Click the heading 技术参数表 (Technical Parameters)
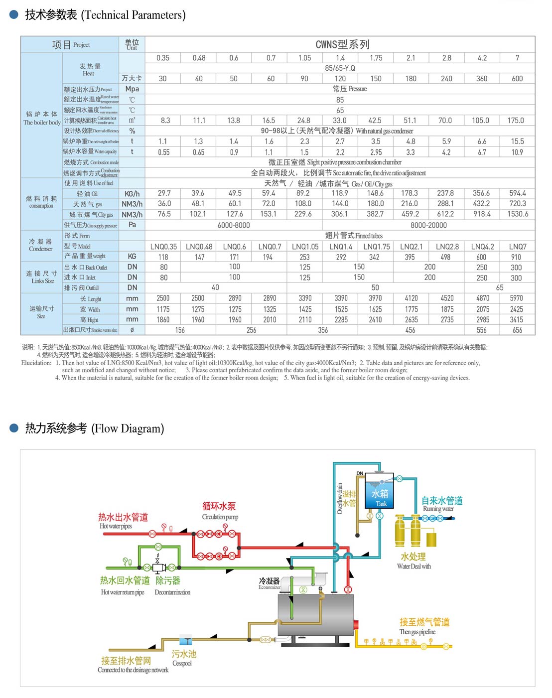click(x=105, y=15)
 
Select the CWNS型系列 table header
click(x=342, y=44)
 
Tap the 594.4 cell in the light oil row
click(x=517, y=193)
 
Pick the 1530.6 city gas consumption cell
click(x=517, y=214)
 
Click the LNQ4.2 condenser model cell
click(x=482, y=246)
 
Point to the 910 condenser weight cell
click(x=516, y=257)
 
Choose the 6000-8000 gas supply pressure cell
click(x=234, y=225)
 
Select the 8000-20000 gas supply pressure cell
click(x=428, y=225)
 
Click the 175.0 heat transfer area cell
click(x=516, y=121)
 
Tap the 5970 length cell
click(x=516, y=298)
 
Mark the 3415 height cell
click(x=516, y=319)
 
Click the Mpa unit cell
click(x=132, y=89)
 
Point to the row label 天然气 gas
click(x=88, y=204)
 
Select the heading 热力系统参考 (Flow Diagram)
click(x=94, y=428)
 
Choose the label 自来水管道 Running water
click(x=442, y=503)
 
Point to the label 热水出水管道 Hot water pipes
click(x=123, y=520)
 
